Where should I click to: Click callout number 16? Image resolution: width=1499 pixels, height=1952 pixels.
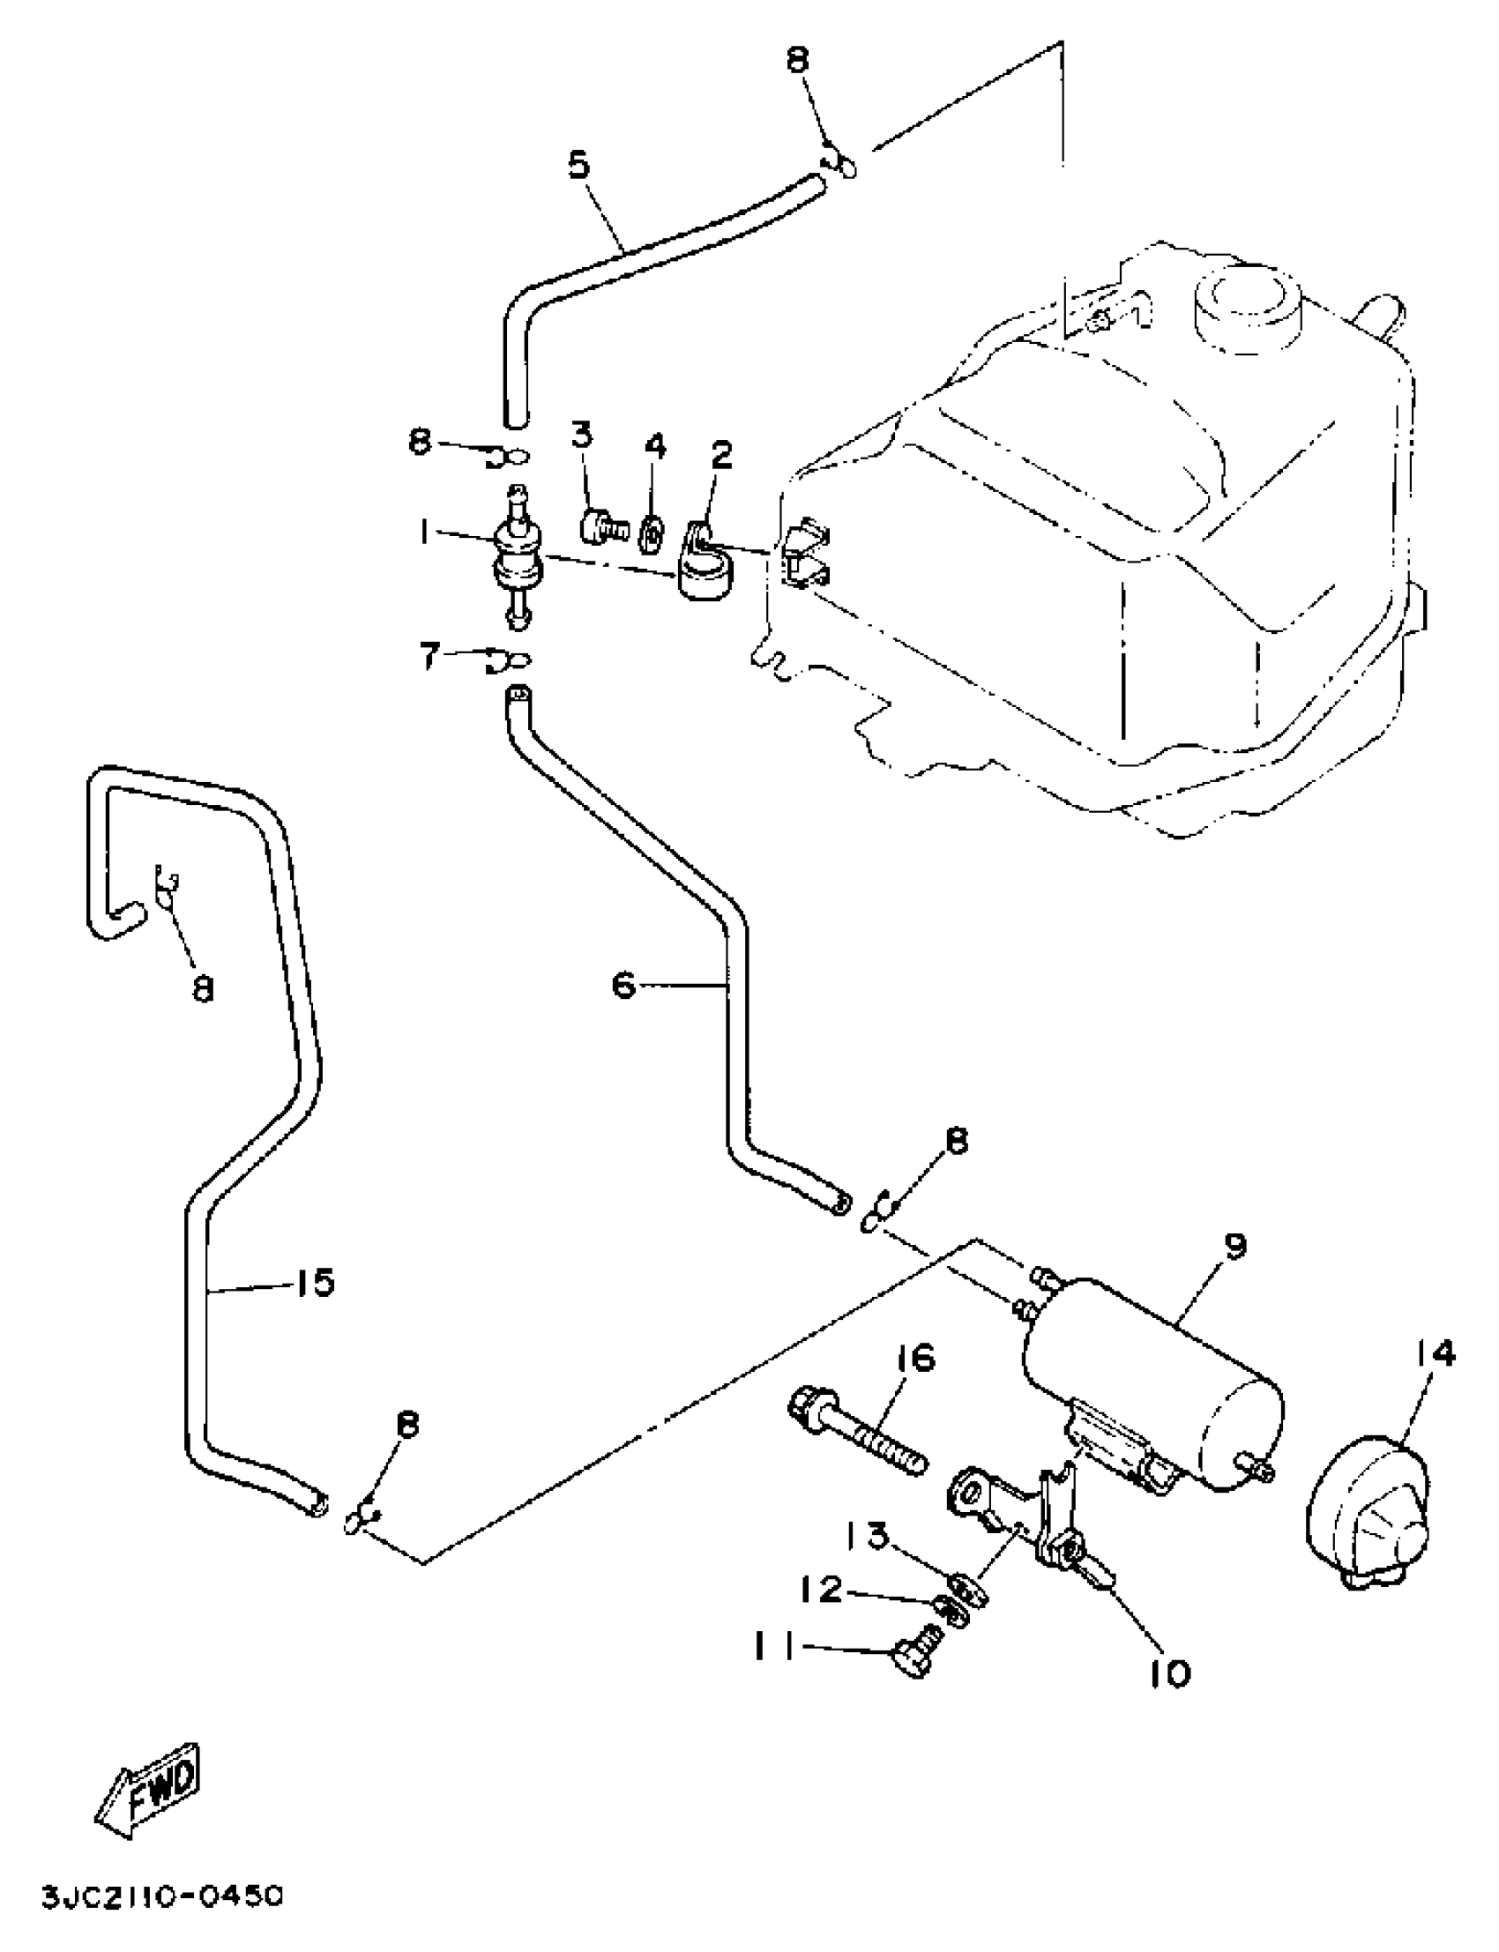coord(912,1360)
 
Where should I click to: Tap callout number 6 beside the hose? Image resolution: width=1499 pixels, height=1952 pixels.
coord(623,986)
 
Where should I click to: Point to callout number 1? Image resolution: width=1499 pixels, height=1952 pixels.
coord(420,533)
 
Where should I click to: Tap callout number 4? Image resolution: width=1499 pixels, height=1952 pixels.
coord(656,446)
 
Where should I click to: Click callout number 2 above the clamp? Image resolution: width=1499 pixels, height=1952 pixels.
coord(721,455)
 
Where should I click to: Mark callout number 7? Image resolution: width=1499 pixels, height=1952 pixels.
coord(430,658)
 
